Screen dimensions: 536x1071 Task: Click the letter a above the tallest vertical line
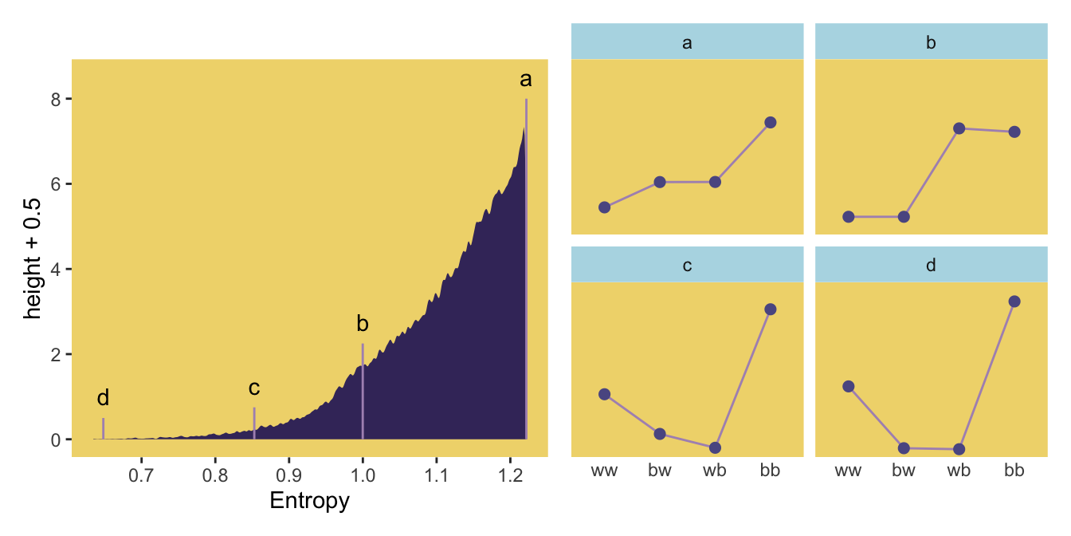point(525,80)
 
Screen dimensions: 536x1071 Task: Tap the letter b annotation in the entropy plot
point(363,324)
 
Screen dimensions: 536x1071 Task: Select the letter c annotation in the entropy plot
point(254,388)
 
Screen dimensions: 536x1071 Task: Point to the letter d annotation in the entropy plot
point(103,398)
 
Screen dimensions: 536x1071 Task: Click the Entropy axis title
point(309,502)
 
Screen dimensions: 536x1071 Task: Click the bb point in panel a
point(770,122)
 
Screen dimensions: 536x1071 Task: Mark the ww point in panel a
point(604,207)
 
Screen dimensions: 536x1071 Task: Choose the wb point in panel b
point(959,128)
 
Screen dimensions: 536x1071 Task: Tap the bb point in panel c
point(770,309)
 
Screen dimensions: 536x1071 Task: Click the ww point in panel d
point(848,386)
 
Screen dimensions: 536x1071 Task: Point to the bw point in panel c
point(659,434)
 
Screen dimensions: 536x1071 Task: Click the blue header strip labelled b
point(931,41)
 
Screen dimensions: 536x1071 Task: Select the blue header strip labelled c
point(687,265)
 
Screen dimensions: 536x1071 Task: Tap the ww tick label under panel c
point(604,471)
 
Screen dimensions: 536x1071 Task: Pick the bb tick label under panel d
point(1014,471)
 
